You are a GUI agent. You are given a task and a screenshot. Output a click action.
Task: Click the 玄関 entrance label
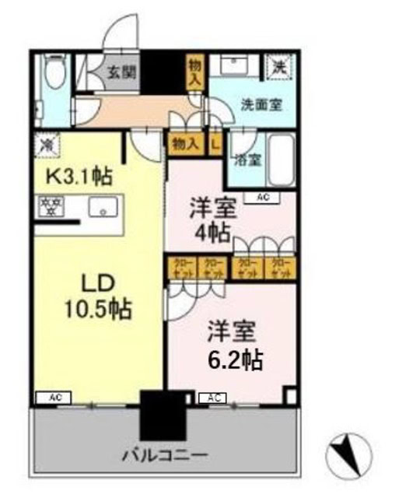(x=122, y=73)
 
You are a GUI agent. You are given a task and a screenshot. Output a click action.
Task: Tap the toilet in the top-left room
(x=54, y=78)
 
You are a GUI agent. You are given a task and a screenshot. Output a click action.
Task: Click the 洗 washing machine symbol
(x=278, y=66)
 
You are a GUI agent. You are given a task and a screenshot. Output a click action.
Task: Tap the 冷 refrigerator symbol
(x=47, y=144)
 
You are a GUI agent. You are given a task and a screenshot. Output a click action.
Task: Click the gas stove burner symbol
(x=51, y=207)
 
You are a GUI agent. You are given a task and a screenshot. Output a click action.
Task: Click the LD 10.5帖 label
(x=96, y=294)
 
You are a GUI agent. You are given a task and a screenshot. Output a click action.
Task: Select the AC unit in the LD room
(x=55, y=398)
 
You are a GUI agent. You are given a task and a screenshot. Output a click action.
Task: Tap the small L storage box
(x=215, y=143)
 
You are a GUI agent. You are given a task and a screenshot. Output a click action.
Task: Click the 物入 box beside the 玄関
(x=194, y=73)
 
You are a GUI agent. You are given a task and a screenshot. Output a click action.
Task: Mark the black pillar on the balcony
(x=163, y=416)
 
